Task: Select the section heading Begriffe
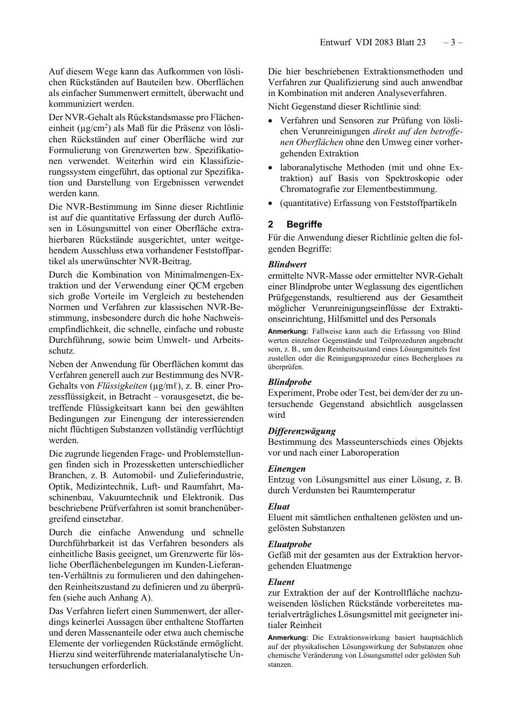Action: (x=304, y=224)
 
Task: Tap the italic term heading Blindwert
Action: (x=287, y=264)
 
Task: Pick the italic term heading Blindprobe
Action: (x=290, y=382)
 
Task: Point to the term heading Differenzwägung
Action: (x=302, y=431)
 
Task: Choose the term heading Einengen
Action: (x=287, y=468)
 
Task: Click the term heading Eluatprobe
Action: (x=290, y=544)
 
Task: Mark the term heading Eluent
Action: (x=281, y=582)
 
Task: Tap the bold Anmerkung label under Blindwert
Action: (x=288, y=331)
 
